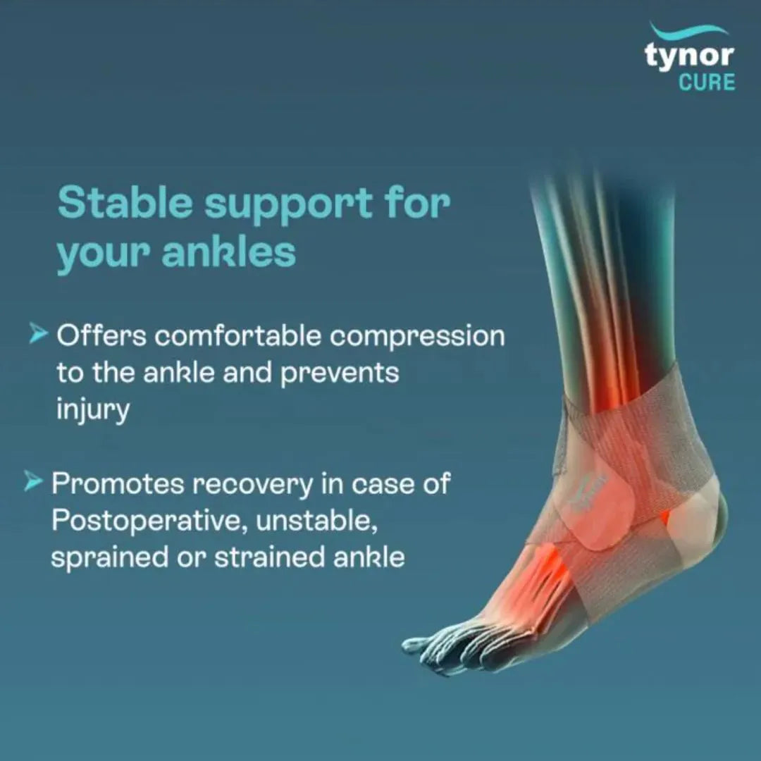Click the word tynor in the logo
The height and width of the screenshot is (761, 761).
click(x=689, y=56)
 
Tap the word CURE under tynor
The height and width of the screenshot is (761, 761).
click(x=707, y=82)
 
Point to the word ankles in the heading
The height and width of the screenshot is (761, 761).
click(x=228, y=253)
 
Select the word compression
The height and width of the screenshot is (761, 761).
click(x=417, y=337)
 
